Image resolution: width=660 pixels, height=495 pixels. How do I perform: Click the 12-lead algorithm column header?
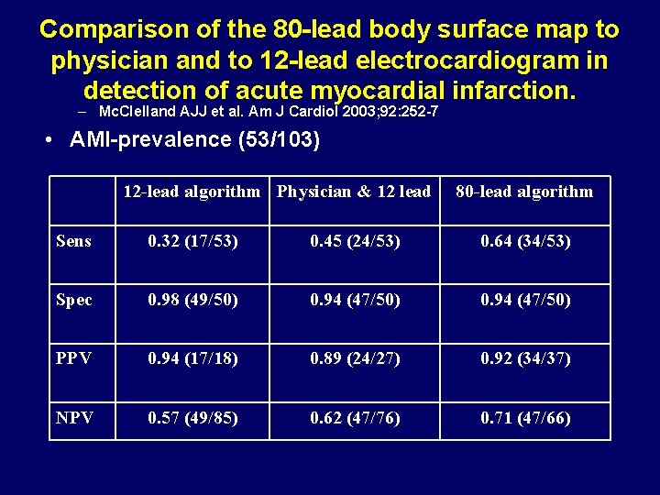pyautogui.click(x=192, y=192)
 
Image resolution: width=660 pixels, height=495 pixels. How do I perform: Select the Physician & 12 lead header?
pyautogui.click(x=354, y=192)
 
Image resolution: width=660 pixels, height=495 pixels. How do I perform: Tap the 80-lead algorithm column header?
pyautogui.click(x=524, y=192)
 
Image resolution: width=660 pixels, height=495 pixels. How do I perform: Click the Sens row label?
pyautogui.click(x=73, y=241)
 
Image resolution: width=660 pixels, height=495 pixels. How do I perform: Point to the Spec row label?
pyautogui.click(x=74, y=300)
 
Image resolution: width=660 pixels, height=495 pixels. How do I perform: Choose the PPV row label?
pyautogui.click(x=74, y=358)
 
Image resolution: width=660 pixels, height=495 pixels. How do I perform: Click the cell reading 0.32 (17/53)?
pyautogui.click(x=192, y=241)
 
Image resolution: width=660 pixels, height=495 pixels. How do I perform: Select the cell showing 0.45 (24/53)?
pyautogui.click(x=355, y=241)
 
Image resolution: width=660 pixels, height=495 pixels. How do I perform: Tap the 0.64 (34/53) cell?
pyautogui.click(x=526, y=241)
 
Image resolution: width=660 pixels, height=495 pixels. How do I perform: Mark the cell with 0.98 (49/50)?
pyautogui.click(x=192, y=300)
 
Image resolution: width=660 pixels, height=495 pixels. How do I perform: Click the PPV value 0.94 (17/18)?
pyautogui.click(x=192, y=358)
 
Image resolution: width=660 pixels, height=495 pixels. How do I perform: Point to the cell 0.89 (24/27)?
pyautogui.click(x=355, y=358)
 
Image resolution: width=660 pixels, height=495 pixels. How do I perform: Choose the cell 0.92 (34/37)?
pyautogui.click(x=526, y=358)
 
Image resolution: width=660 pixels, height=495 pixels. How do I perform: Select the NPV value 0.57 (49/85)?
pyautogui.click(x=192, y=418)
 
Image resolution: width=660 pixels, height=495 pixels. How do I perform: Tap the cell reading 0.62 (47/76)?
pyautogui.click(x=355, y=418)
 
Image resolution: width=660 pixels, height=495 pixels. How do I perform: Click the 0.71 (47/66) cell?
pyautogui.click(x=526, y=418)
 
